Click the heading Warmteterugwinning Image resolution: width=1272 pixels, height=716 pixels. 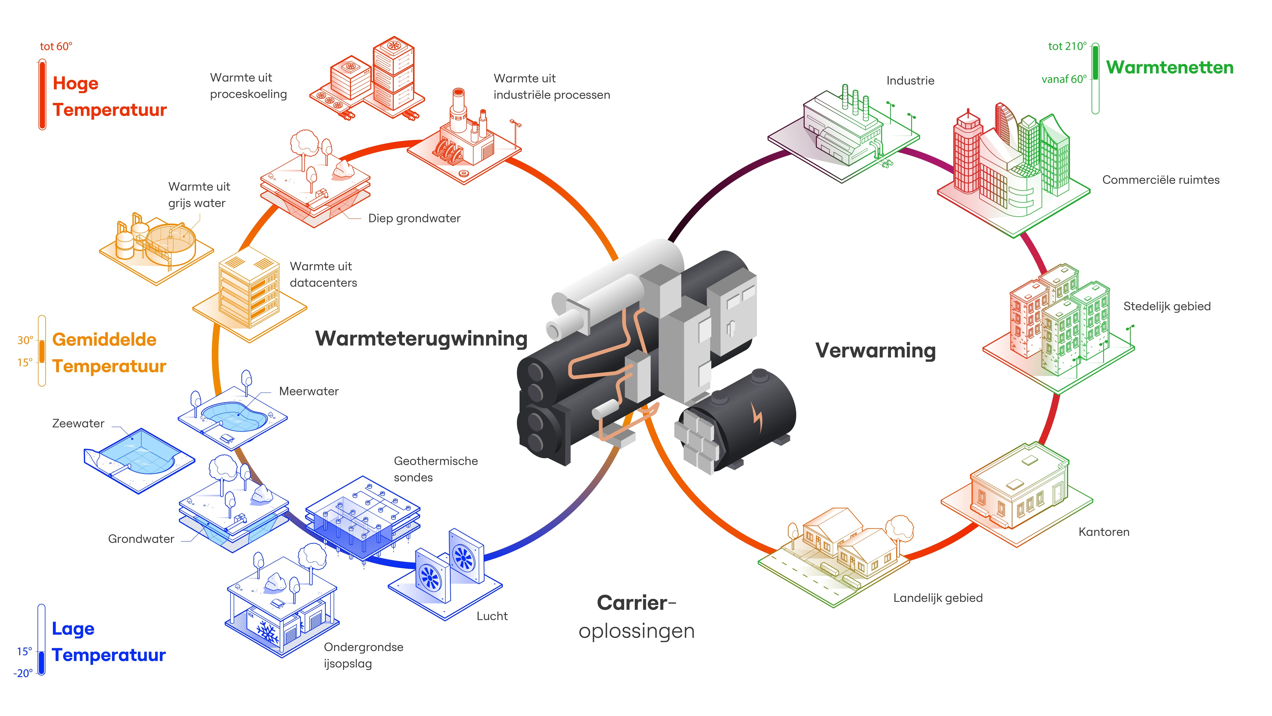click(x=421, y=339)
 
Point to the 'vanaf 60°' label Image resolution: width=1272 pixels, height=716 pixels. click(x=1064, y=79)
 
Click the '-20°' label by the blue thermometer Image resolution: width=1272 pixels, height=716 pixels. click(x=23, y=673)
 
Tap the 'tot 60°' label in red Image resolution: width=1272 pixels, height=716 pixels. click(x=56, y=47)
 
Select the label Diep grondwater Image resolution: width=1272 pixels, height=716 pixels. click(x=414, y=218)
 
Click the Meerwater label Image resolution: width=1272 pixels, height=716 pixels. click(x=309, y=391)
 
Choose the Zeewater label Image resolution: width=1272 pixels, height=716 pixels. click(x=78, y=423)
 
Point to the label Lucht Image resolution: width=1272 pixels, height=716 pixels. click(x=492, y=616)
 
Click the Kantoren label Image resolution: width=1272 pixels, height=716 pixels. click(x=1104, y=532)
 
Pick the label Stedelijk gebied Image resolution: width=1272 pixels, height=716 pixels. click(x=1167, y=306)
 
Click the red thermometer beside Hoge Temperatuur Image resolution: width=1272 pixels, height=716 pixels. click(x=42, y=94)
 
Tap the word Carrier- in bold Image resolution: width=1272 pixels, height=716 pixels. click(x=635, y=603)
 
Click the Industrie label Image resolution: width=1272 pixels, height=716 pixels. click(x=910, y=80)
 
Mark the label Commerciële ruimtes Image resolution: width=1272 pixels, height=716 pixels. click(x=1160, y=180)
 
